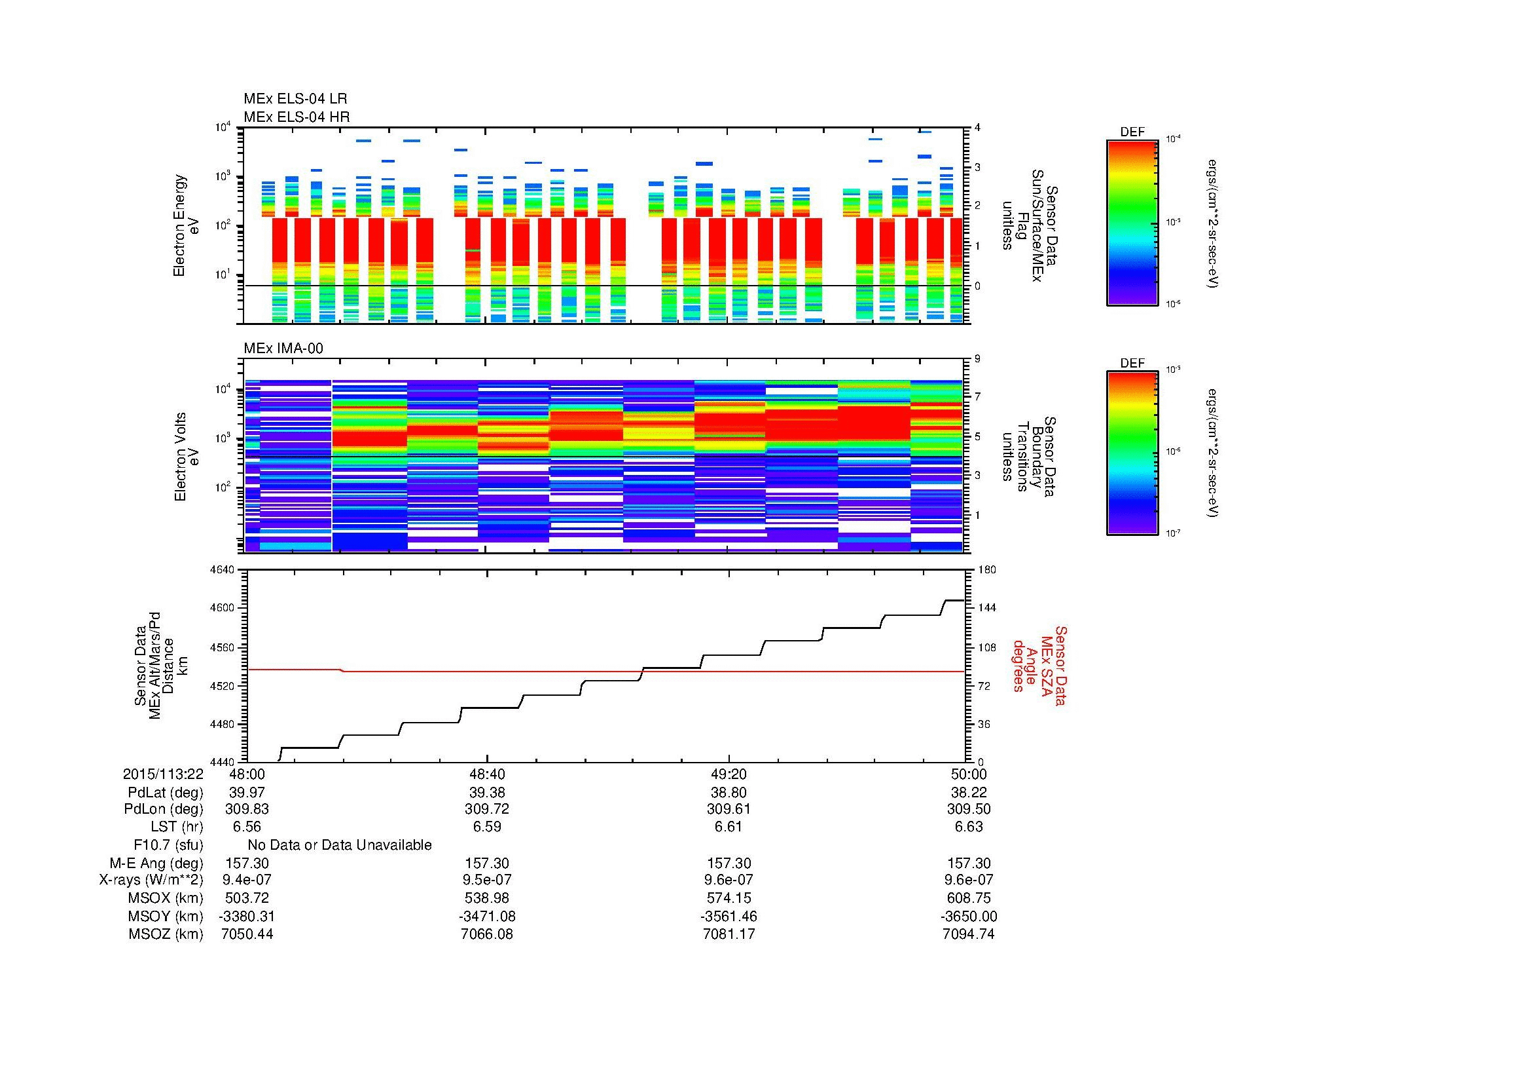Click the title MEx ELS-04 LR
click(x=295, y=99)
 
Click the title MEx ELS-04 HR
click(x=296, y=117)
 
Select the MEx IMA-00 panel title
click(x=283, y=349)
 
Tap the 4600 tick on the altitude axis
click(x=222, y=608)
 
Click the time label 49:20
click(x=729, y=774)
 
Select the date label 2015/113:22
click(x=163, y=774)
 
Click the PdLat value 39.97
click(x=246, y=792)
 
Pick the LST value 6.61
click(x=729, y=827)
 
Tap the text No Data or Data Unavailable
click(x=340, y=845)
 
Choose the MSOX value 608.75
click(x=969, y=898)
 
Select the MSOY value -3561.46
click(x=729, y=916)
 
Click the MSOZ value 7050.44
click(x=246, y=934)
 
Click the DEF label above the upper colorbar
click(x=1132, y=132)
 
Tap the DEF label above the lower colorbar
click(x=1132, y=363)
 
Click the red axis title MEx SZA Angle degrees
click(x=1039, y=665)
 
